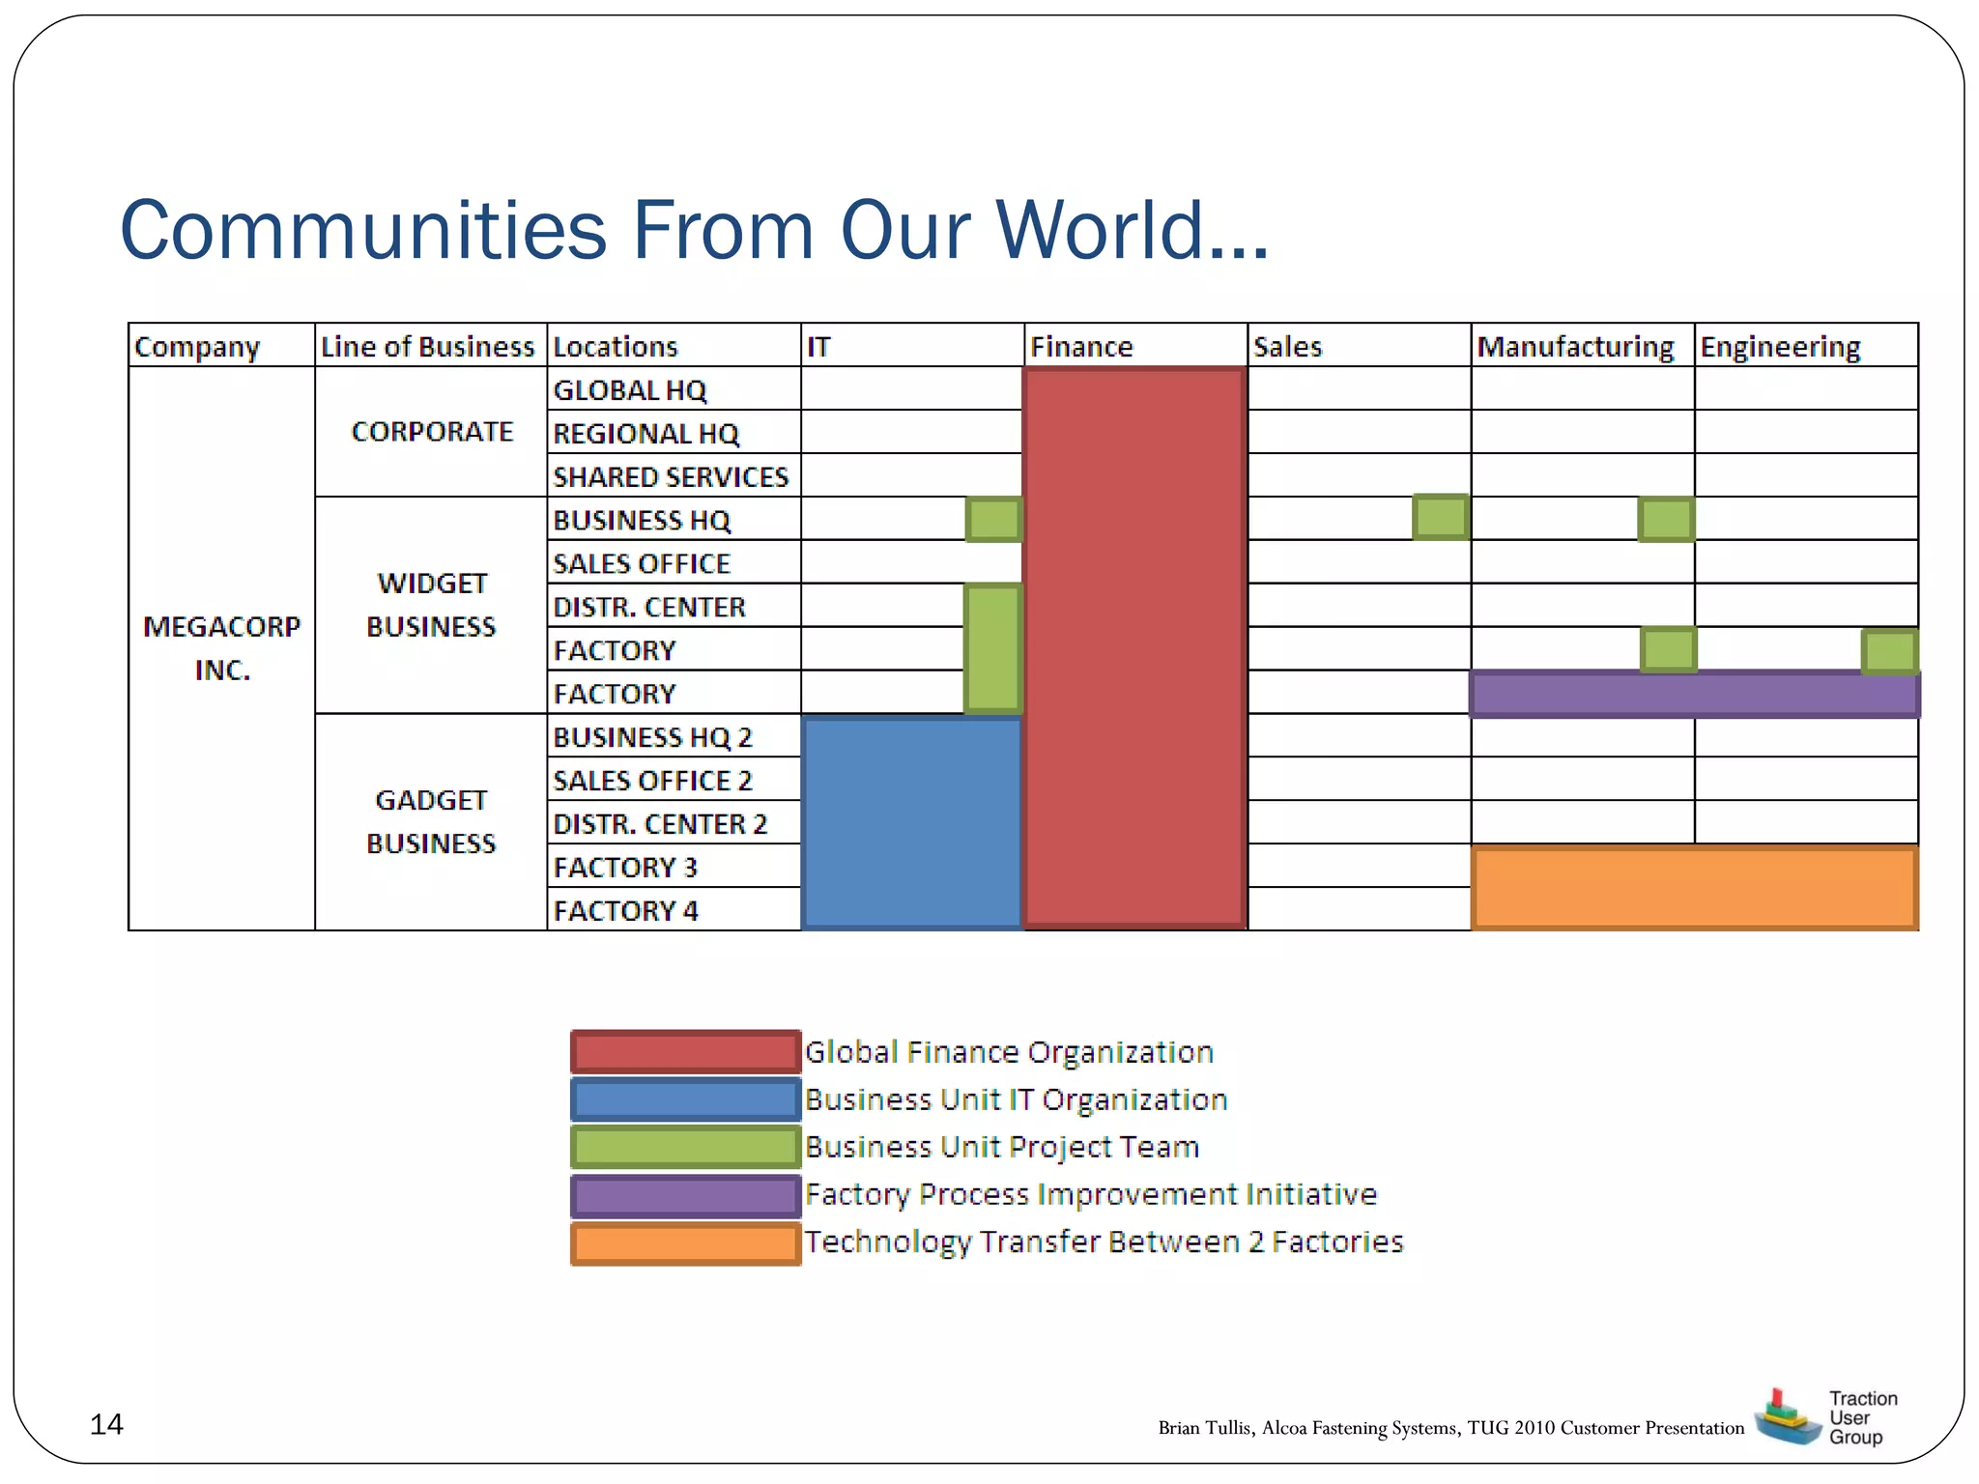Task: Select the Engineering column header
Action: coord(1780,346)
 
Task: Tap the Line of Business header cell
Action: coord(427,346)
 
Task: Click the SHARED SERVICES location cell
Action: coord(671,476)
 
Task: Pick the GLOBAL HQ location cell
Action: coord(630,390)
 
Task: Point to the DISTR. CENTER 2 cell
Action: coord(660,824)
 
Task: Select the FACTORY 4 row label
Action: coord(625,910)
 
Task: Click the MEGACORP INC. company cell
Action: coord(222,647)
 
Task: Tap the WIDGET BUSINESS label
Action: coord(431,605)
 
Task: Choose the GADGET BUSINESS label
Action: coord(431,821)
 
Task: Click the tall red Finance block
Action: coord(1134,647)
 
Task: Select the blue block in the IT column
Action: coord(911,822)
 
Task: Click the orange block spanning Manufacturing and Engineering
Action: coord(1694,888)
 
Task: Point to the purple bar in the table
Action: coord(1694,694)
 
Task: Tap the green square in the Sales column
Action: coord(1440,517)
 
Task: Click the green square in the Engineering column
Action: coord(1889,651)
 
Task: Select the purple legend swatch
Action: coord(685,1195)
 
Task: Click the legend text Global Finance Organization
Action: coord(1009,1051)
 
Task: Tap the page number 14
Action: coord(106,1424)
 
